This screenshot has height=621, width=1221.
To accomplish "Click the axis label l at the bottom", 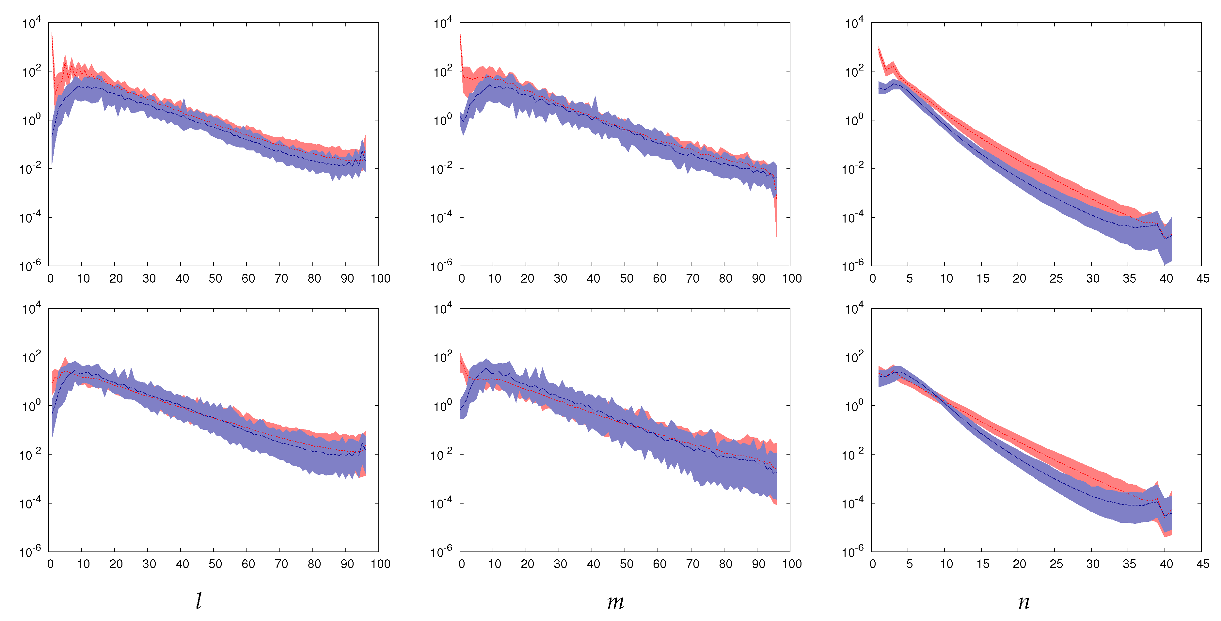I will tap(198, 601).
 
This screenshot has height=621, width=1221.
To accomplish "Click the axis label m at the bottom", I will tap(615, 601).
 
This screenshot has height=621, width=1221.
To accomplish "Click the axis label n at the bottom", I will tap(1024, 601).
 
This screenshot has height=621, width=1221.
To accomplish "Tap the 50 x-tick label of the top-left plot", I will tap(215, 279).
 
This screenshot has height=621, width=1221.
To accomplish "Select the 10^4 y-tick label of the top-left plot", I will tap(32, 23).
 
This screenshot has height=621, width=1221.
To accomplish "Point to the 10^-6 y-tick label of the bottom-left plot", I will tap(30, 551).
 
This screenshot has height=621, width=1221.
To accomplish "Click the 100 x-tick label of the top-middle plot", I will tap(792, 279).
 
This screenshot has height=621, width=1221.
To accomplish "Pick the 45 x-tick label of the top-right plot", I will tap(1202, 279).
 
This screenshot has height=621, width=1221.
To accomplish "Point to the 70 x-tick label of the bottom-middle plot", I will tap(692, 564).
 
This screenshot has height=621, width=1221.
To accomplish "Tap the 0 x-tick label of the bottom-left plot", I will tap(50, 564).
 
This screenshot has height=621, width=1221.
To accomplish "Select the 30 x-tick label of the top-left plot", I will tap(149, 279).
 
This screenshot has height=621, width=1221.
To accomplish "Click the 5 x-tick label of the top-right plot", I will tap(909, 279).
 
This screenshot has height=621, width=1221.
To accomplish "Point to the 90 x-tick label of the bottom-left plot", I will tap(347, 564).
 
